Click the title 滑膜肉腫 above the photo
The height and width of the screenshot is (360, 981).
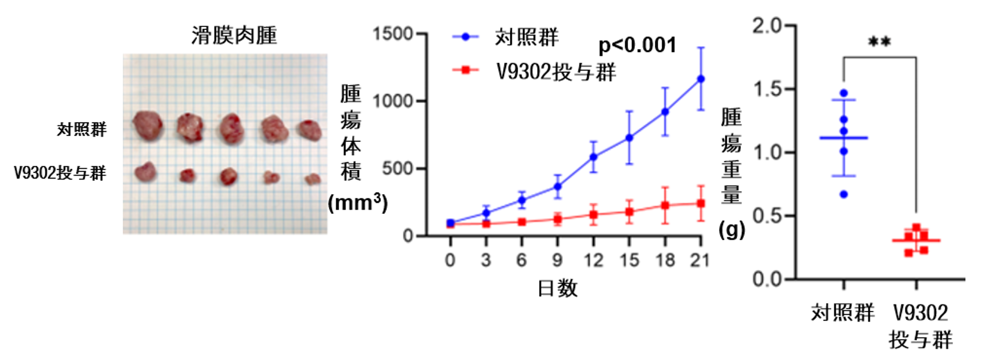click(x=234, y=35)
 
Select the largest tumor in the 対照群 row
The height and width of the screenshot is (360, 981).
click(x=148, y=125)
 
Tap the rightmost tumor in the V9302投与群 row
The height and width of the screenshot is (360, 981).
click(x=312, y=179)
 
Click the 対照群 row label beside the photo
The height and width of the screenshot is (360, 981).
click(x=81, y=129)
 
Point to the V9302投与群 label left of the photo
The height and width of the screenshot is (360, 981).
click(x=60, y=173)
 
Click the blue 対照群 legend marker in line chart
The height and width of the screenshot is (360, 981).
click(x=465, y=37)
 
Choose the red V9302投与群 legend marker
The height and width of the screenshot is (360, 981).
click(x=465, y=71)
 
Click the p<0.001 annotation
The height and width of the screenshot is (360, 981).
click(x=637, y=45)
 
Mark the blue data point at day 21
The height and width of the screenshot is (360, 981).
click(x=701, y=78)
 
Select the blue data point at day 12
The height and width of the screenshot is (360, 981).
click(x=594, y=157)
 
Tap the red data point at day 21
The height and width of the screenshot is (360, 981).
click(x=701, y=204)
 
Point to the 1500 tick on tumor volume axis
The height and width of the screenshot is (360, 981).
click(x=393, y=34)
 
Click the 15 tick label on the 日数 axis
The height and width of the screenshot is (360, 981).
click(x=629, y=260)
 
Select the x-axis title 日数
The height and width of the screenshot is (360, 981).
click(x=558, y=289)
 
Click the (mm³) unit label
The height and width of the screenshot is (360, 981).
click(x=358, y=203)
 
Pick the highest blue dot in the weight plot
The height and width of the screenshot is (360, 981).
click(x=844, y=93)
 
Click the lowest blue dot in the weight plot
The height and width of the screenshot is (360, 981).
click(x=844, y=194)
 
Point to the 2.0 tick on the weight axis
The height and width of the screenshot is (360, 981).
click(x=767, y=26)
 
